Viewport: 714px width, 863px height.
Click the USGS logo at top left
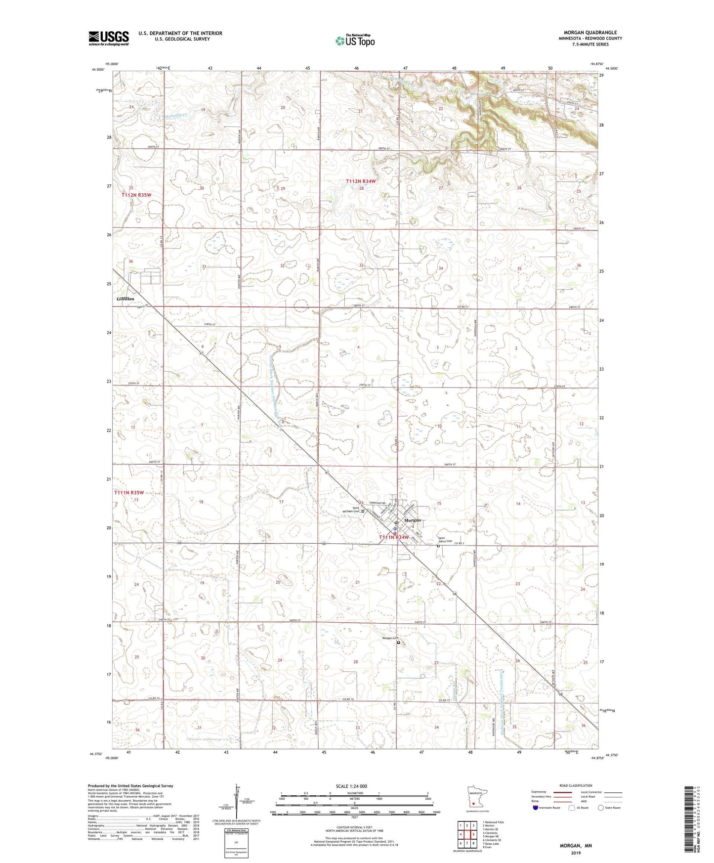(109, 38)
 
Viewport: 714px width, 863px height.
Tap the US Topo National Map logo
(355, 41)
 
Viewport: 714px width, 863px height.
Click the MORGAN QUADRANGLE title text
(590, 33)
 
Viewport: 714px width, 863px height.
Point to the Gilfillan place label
(125, 299)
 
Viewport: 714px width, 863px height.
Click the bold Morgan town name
(413, 520)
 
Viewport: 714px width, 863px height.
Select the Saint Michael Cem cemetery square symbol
(363, 512)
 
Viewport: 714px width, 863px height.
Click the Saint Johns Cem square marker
(438, 546)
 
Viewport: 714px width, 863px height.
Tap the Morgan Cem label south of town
(390, 638)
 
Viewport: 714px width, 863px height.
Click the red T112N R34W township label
(361, 181)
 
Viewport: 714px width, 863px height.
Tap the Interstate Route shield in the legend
(536, 808)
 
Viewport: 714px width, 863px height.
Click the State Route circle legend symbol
(601, 808)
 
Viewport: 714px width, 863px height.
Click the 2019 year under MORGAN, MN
(576, 853)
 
